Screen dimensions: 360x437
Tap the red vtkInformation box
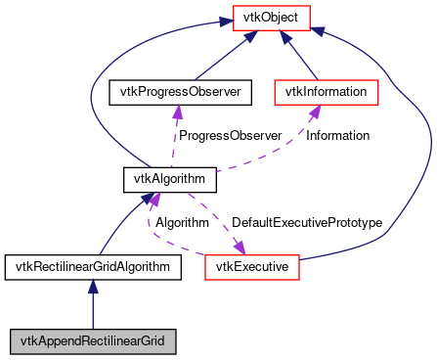coord(326,92)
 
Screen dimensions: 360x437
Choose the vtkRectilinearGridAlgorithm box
coord(93,265)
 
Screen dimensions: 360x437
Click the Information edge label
coord(338,135)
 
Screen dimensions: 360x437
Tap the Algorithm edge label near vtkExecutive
coord(183,222)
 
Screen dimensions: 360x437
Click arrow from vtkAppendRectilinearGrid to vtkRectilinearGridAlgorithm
coord(93,303)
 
